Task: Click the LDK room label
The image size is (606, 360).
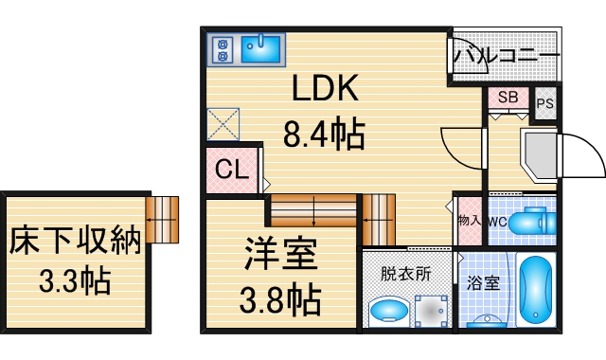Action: point(325,91)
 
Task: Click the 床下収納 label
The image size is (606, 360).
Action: point(75,241)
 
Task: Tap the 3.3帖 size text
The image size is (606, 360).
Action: point(75,281)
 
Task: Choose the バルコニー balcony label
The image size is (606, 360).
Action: point(505,56)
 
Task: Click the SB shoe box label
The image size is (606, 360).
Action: point(508,98)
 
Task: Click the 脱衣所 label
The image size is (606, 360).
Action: point(405,274)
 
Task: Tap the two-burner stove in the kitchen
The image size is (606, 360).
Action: point(223,49)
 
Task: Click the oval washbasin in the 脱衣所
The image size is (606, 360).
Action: point(386,310)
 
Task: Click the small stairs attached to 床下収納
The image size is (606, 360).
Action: point(162,220)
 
